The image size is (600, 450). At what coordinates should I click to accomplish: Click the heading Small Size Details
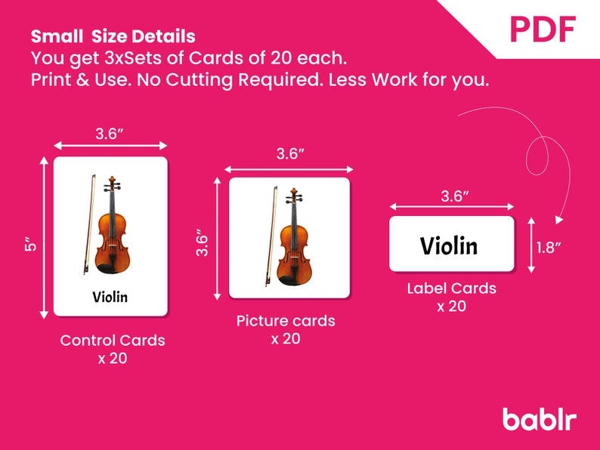[x=113, y=36]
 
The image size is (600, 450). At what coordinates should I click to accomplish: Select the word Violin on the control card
[x=110, y=296]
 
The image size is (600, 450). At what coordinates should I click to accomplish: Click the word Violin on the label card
[x=449, y=245]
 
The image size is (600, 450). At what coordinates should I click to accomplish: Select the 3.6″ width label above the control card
[x=110, y=134]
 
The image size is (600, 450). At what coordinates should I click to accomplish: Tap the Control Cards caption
[x=113, y=341]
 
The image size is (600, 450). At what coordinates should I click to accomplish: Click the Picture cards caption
[x=286, y=321]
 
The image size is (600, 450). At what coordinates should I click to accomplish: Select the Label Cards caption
[x=452, y=288]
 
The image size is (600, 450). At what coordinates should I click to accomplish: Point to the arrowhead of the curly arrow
[x=559, y=220]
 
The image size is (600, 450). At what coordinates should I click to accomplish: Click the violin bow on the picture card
[x=272, y=231]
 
